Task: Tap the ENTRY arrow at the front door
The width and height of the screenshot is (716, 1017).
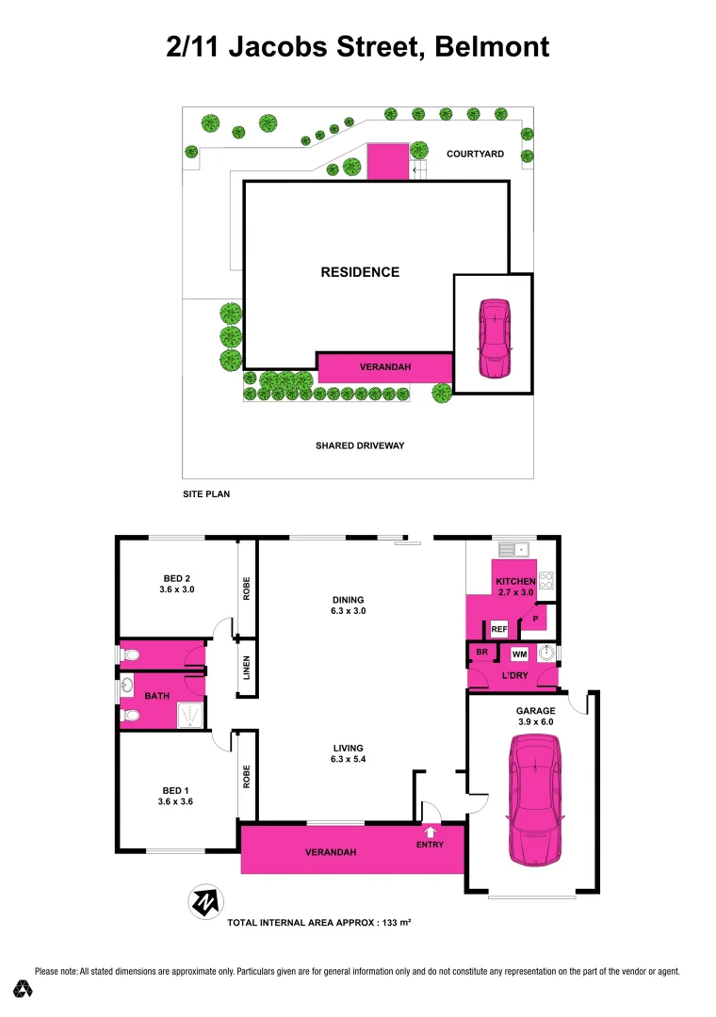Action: tap(431, 831)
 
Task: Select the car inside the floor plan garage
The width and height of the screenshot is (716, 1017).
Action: tap(534, 799)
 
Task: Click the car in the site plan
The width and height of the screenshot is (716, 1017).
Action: tap(494, 338)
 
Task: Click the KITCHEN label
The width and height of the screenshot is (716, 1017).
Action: tap(515, 582)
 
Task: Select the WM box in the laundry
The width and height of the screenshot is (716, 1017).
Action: tap(519, 654)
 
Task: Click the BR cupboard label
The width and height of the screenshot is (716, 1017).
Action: tap(481, 653)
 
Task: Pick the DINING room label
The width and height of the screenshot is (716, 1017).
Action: tap(348, 600)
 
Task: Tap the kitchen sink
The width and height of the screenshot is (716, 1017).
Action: tap(515, 548)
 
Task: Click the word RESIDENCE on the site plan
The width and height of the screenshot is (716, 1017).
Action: tap(360, 272)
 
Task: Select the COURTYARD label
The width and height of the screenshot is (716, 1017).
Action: tap(475, 153)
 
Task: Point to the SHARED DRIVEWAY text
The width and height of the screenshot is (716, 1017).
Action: tap(360, 445)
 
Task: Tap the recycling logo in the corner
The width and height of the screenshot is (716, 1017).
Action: tap(24, 989)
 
